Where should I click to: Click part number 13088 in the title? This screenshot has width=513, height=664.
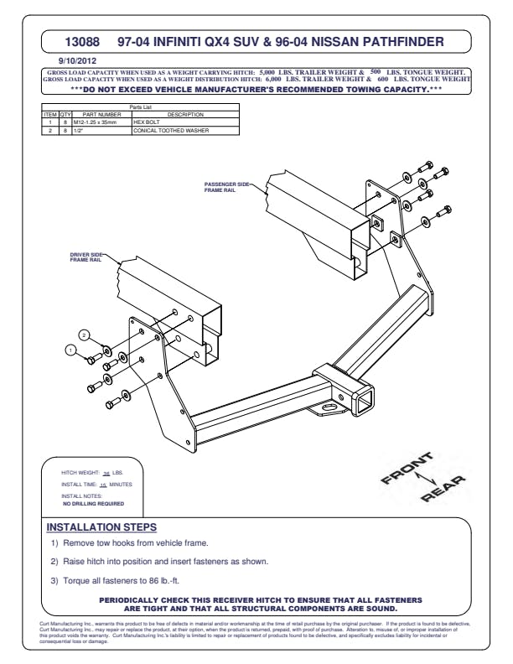point(82,40)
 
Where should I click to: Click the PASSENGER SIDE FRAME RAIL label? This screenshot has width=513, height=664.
point(227,185)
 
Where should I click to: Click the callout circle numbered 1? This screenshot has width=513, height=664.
point(72,350)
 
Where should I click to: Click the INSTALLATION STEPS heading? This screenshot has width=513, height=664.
point(101,527)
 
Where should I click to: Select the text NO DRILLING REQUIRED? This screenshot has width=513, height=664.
point(93,504)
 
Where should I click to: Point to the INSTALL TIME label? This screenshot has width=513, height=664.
point(80,485)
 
